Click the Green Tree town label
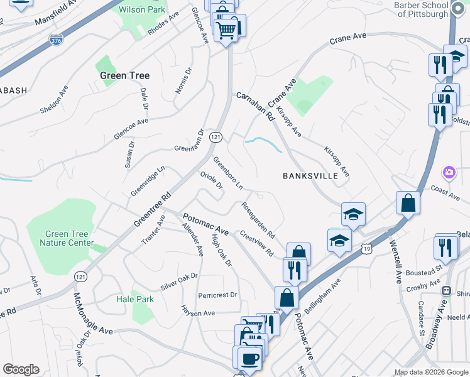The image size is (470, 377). coord(125,75)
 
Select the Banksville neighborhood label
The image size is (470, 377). coord(310,176)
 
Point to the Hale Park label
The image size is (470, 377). coord(135,299)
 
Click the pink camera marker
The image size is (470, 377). coord(449,172)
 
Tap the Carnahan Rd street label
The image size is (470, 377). coord(256,107)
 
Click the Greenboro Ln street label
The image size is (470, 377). coord(227,173)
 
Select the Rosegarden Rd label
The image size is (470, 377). coord(258,219)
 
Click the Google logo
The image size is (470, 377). coord(21,369)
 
